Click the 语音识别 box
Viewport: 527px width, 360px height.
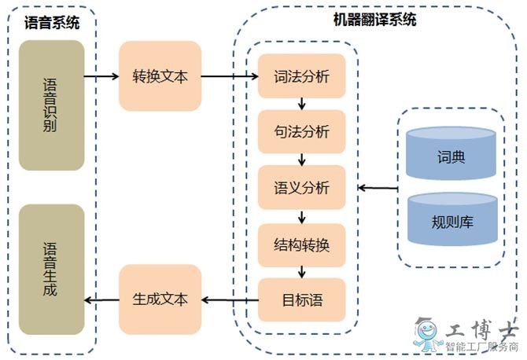point(52,106)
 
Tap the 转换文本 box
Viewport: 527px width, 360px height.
point(160,76)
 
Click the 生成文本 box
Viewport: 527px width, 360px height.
point(160,299)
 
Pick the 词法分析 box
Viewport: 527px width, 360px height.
point(301,76)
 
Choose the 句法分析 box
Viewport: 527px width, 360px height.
point(301,132)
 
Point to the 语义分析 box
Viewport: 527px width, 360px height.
point(301,188)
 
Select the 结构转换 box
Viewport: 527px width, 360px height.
point(301,244)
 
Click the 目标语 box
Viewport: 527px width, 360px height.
point(301,299)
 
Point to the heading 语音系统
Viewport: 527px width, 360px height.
point(51,23)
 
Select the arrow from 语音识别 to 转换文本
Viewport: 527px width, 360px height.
point(101,76)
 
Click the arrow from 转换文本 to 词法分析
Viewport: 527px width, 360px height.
point(229,76)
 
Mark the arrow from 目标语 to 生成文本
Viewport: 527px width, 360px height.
point(230,299)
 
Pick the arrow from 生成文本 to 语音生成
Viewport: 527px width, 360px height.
point(101,299)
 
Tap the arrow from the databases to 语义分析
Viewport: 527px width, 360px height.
point(378,188)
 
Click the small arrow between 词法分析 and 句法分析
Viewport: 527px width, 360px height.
point(301,104)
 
